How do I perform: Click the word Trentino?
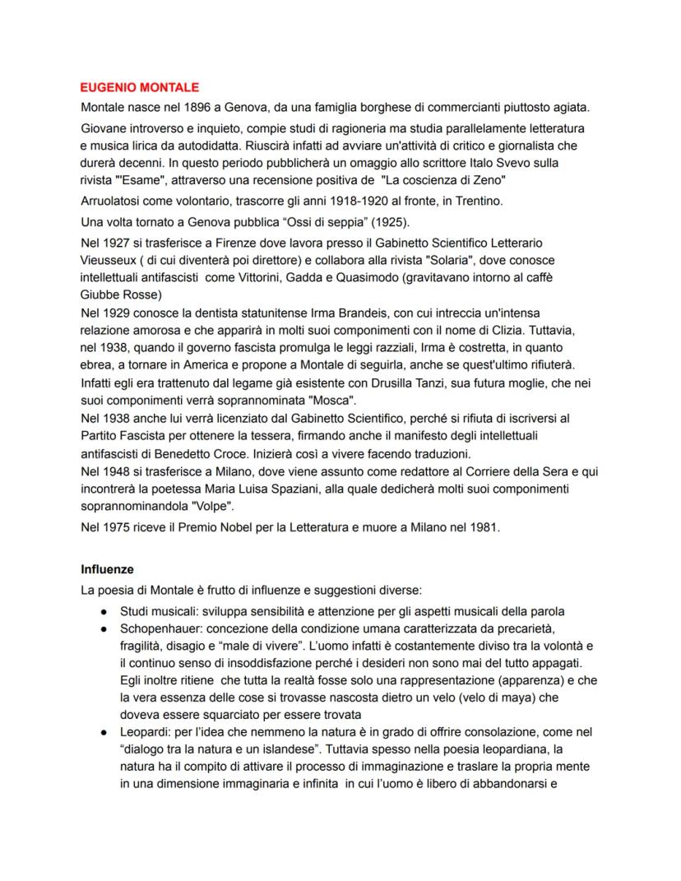click(x=473, y=202)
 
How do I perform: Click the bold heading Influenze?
click(x=108, y=568)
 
